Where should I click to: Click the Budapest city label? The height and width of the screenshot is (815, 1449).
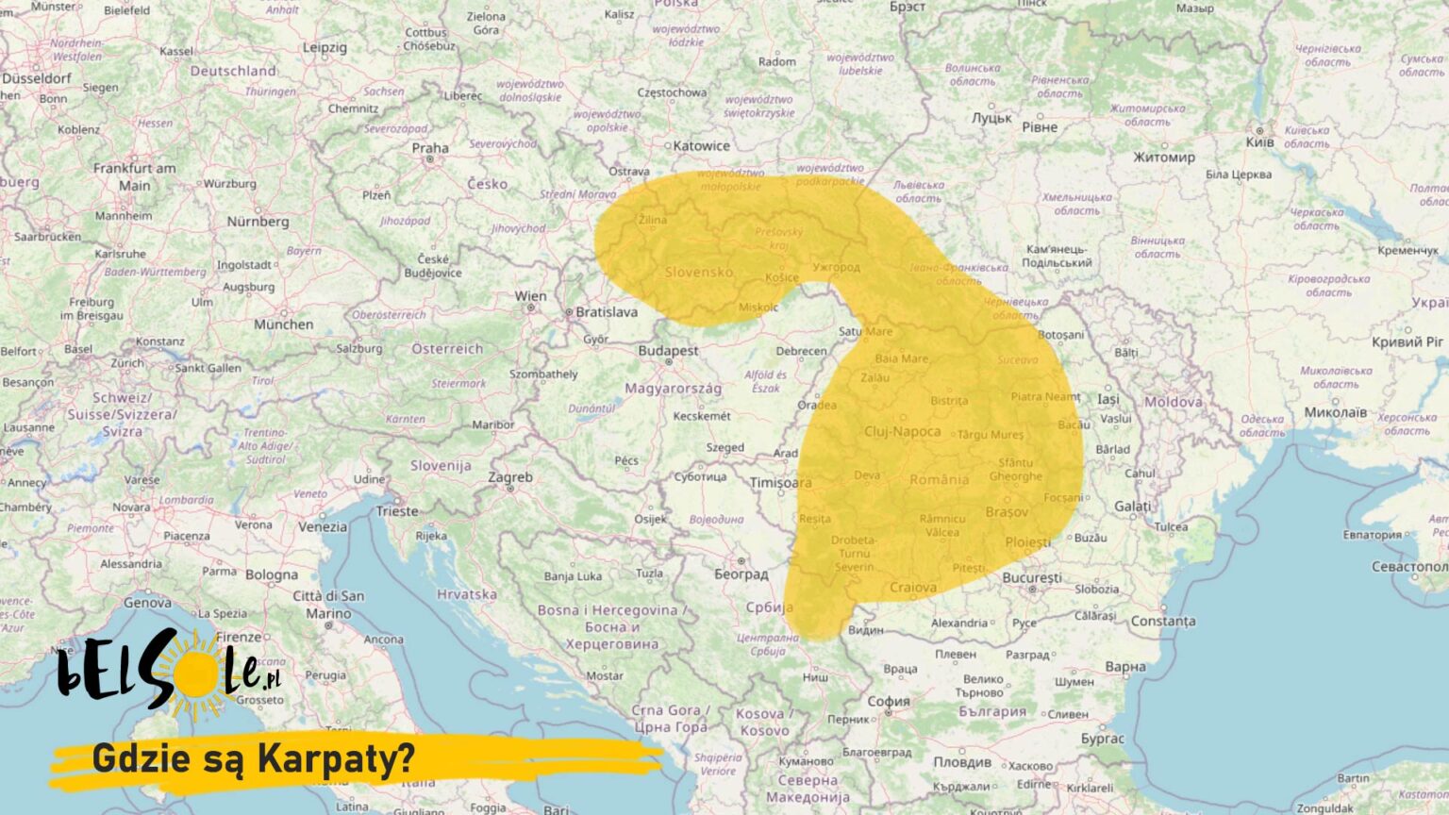(668, 350)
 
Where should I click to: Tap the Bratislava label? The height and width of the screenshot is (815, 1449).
(607, 311)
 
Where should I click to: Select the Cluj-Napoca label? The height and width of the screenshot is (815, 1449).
(902, 431)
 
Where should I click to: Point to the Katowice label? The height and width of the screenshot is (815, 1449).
(701, 146)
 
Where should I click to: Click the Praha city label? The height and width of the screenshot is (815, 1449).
(429, 148)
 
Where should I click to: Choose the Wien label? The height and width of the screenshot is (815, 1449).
(530, 296)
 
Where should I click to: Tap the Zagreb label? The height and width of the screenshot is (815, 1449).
(510, 477)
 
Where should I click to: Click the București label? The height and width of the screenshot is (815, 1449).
(1031, 577)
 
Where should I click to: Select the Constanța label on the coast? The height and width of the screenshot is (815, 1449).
(1162, 621)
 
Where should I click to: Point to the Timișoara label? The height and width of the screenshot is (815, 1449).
(780, 483)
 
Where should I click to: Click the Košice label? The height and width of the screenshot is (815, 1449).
(782, 277)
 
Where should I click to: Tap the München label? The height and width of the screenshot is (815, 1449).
(283, 324)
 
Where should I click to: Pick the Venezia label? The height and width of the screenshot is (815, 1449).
(323, 527)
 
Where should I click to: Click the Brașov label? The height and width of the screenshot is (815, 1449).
(1006, 512)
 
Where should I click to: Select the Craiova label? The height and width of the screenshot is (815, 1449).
(913, 588)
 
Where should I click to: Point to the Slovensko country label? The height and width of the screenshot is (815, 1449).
(698, 272)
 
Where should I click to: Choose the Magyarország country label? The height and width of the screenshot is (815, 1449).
(673, 388)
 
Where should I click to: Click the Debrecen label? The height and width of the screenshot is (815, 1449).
(801, 351)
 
